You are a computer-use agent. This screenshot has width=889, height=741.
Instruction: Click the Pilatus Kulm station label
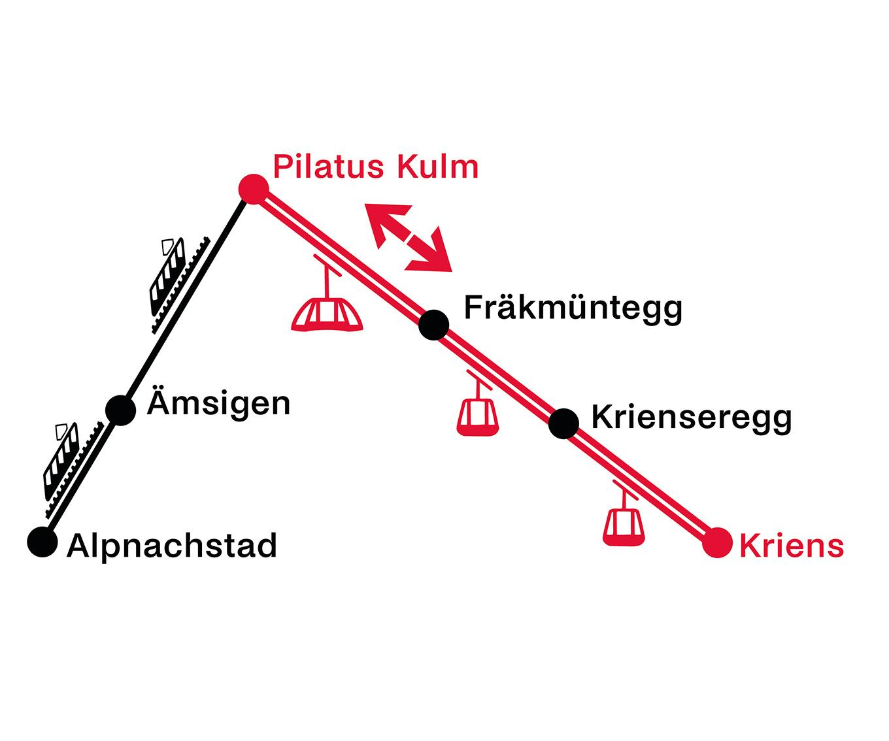375,167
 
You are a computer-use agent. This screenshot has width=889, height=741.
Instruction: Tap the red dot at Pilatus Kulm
253,189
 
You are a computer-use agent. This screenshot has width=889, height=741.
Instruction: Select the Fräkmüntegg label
573,308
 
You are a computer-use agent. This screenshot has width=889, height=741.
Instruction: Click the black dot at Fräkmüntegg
433,325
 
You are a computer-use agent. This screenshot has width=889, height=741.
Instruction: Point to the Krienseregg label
691,418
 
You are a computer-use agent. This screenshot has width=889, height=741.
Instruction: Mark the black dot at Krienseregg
563,423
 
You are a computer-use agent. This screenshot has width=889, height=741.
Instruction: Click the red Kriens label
791,545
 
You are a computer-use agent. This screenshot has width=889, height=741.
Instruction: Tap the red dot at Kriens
717,542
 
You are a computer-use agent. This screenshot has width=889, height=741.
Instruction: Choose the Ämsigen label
218,403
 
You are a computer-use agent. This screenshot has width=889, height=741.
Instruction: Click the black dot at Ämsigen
120,410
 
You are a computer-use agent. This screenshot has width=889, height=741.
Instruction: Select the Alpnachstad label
172,546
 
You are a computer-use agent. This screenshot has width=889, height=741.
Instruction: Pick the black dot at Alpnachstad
42,542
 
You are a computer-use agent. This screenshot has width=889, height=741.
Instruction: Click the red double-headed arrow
409,237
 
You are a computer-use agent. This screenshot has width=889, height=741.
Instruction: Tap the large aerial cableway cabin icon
327,312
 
